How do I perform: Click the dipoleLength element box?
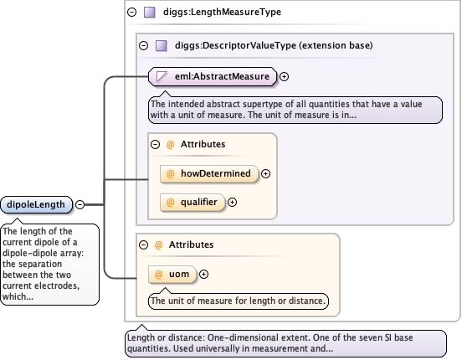(x=37, y=204)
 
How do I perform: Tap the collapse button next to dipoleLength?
(x=80, y=204)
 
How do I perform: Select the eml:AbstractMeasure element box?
(x=213, y=77)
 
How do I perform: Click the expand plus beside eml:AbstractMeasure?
(x=284, y=77)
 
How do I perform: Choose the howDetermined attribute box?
(x=209, y=173)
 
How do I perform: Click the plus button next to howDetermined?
(x=266, y=173)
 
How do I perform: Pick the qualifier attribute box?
(x=192, y=203)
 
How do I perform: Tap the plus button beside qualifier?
(x=232, y=203)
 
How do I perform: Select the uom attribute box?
(x=172, y=275)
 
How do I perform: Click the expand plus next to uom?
(x=203, y=275)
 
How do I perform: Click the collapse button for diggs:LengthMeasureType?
(x=131, y=12)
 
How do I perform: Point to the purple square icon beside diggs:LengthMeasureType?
(x=149, y=12)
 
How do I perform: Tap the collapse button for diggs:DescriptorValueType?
(x=143, y=46)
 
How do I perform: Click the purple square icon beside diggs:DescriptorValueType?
(x=162, y=46)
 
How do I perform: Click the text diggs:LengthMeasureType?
(x=222, y=12)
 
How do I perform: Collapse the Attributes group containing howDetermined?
(x=156, y=145)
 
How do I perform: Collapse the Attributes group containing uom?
(x=143, y=244)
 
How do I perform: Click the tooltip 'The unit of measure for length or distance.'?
(x=238, y=301)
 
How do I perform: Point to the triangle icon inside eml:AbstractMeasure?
(x=162, y=77)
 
